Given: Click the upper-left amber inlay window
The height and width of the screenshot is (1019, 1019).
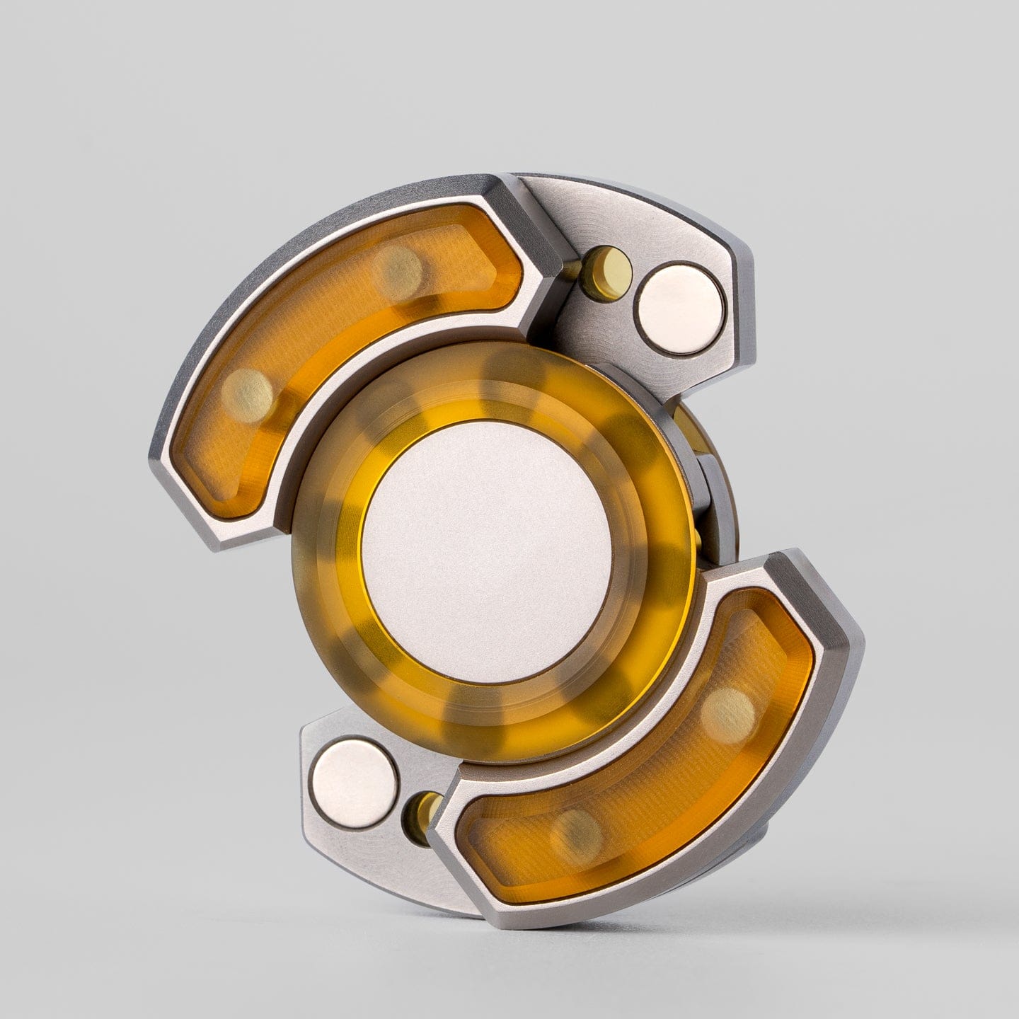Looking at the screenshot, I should [333, 333].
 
